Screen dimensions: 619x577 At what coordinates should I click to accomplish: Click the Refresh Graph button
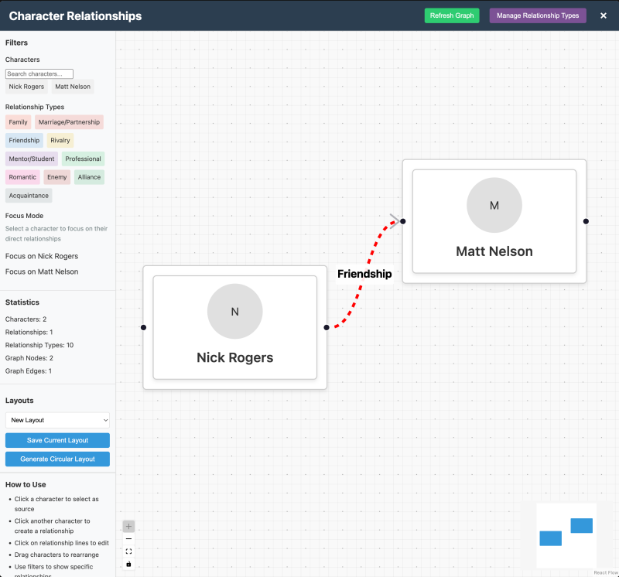click(452, 15)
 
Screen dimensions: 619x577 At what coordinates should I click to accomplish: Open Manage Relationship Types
click(538, 15)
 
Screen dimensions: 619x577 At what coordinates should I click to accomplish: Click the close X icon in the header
click(604, 15)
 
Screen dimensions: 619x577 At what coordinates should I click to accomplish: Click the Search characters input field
click(39, 73)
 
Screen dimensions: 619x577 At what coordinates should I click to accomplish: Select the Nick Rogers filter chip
click(26, 87)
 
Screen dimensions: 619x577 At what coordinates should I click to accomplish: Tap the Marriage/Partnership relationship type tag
click(69, 122)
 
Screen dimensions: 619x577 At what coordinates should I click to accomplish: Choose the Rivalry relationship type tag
click(60, 141)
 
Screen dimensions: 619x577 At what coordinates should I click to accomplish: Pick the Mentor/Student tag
click(32, 159)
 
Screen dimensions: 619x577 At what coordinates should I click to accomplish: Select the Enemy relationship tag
click(56, 177)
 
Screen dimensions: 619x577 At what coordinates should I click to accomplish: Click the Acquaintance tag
click(29, 196)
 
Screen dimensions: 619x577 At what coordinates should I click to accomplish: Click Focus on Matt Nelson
click(42, 271)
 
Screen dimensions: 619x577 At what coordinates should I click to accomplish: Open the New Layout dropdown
click(57, 420)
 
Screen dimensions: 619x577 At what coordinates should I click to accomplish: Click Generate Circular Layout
click(57, 459)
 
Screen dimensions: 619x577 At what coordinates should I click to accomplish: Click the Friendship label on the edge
click(364, 274)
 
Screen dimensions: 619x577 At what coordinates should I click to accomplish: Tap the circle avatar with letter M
click(494, 205)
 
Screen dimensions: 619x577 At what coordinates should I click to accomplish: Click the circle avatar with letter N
click(235, 312)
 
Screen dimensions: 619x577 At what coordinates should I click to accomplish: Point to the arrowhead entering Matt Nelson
click(395, 221)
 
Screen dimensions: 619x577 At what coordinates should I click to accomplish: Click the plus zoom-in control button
click(128, 527)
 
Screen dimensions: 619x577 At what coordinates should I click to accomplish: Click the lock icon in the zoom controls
click(128, 564)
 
